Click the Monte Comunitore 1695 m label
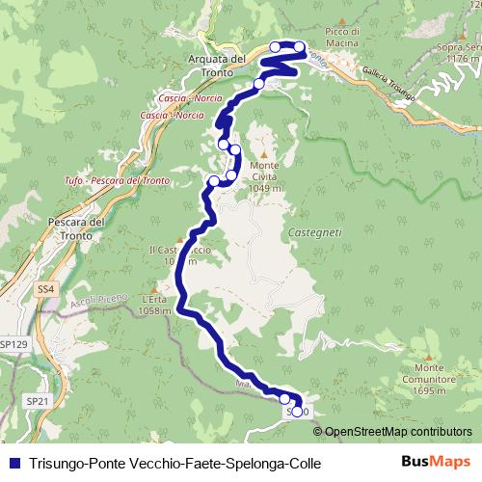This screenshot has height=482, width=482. (429, 379)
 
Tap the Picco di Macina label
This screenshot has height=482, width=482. (341, 38)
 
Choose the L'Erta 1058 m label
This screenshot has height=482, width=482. (154, 305)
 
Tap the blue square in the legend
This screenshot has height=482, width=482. (13, 463)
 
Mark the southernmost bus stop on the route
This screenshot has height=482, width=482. (284, 398)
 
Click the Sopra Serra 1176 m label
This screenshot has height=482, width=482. (458, 52)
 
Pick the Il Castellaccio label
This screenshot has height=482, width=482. (174, 255)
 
